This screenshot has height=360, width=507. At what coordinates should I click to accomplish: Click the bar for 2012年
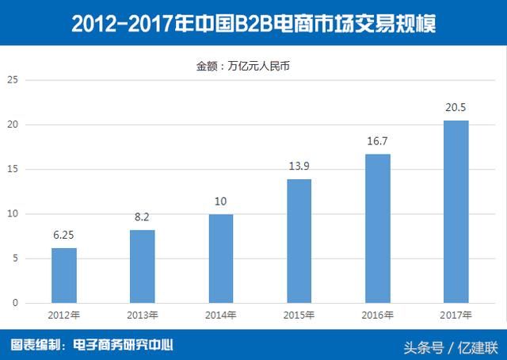64,275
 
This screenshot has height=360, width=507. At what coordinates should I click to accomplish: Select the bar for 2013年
143,266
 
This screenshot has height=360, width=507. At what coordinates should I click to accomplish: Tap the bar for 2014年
221,259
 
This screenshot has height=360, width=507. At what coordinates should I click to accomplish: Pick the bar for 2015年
299,241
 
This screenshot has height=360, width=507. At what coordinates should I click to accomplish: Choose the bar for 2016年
378,228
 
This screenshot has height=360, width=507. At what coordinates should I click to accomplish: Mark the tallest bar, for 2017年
456,212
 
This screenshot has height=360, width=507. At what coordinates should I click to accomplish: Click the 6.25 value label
64,236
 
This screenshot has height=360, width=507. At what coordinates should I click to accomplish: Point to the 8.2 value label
143,218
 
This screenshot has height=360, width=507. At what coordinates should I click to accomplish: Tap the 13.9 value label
299,167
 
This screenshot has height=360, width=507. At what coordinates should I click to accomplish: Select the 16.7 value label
378,142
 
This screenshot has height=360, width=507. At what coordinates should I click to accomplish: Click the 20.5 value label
456,109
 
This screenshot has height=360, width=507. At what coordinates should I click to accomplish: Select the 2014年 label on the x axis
221,316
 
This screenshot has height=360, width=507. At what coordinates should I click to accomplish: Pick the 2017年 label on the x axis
456,316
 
